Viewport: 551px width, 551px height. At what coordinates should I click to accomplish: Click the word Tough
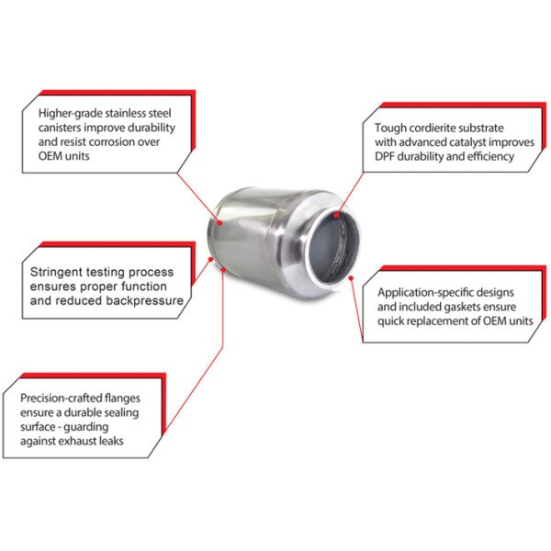[391, 128]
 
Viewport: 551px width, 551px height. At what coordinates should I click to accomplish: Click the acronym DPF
[387, 157]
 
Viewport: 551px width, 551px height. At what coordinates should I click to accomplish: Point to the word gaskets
[471, 307]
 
